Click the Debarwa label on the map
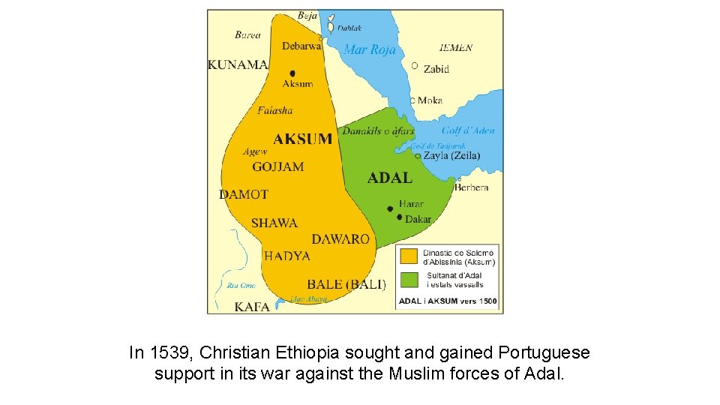pyautogui.click(x=301, y=46)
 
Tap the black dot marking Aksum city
pyautogui.click(x=292, y=73)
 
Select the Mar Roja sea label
pyautogui.click(x=369, y=50)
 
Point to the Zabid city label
pyautogui.click(x=436, y=69)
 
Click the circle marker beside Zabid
pyautogui.click(x=415, y=66)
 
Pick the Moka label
pyautogui.click(x=430, y=100)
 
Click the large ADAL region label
pyautogui.click(x=390, y=178)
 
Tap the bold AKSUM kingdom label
pyautogui.click(x=303, y=139)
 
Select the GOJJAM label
pyautogui.click(x=278, y=166)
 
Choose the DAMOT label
pyautogui.click(x=244, y=194)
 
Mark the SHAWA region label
pyautogui.click(x=274, y=223)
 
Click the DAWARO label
pyautogui.click(x=340, y=239)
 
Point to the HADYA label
pyautogui.click(x=287, y=256)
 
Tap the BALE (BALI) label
pyautogui.click(x=346, y=284)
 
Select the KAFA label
pyautogui.click(x=252, y=307)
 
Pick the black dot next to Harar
pyautogui.click(x=390, y=208)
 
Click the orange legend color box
pyautogui.click(x=409, y=256)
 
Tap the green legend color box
pyautogui.click(x=409, y=280)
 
